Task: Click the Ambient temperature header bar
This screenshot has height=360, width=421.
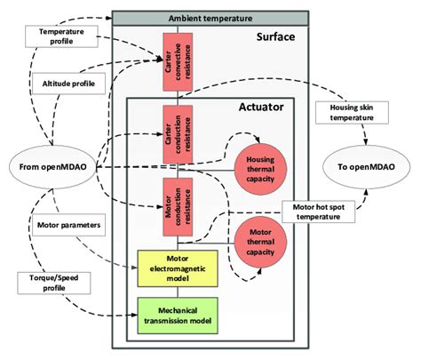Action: point(210,18)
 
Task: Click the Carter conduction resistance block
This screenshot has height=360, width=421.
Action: point(172,132)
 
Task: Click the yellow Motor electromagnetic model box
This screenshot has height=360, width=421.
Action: point(177,268)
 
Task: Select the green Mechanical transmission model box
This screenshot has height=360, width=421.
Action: point(177,315)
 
